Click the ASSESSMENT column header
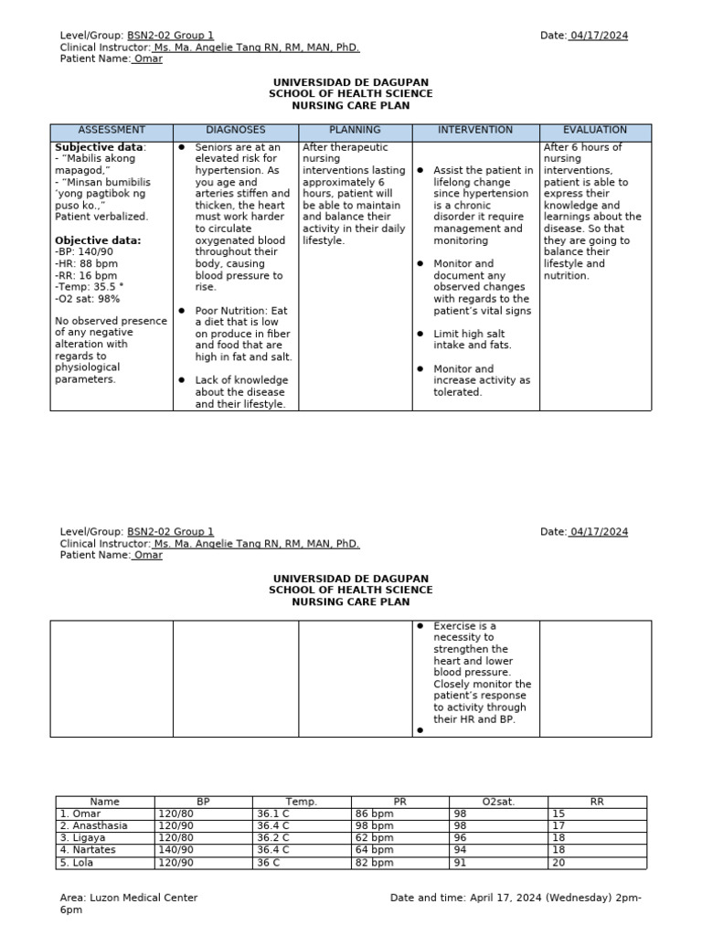click(x=112, y=131)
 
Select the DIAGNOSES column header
click(x=235, y=131)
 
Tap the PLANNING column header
click(x=355, y=131)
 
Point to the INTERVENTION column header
click(x=475, y=131)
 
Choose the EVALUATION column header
click(x=595, y=131)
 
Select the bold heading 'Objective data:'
click(x=98, y=240)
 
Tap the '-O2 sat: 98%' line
click(x=88, y=299)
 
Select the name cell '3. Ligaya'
click(x=81, y=837)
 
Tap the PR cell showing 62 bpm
click(x=374, y=837)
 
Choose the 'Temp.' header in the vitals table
click(x=301, y=802)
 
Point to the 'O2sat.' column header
click(x=498, y=802)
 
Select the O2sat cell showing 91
click(x=461, y=863)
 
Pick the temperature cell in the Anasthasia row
click(x=273, y=825)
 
